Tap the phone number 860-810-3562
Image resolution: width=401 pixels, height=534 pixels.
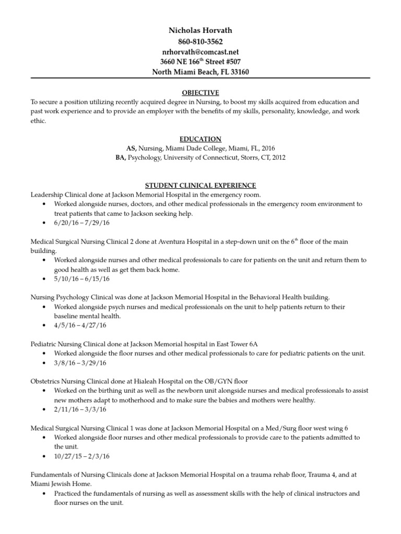coord(200,42)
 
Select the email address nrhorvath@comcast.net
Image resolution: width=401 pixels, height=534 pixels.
coord(200,52)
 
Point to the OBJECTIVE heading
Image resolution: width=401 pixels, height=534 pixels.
coord(200,93)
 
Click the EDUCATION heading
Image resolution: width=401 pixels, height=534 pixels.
coord(200,139)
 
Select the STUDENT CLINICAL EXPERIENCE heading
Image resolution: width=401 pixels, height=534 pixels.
coord(200,185)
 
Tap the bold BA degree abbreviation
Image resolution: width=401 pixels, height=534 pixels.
coord(121,157)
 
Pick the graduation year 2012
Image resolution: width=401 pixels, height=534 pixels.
coord(278,157)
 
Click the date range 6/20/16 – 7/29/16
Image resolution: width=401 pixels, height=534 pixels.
coord(82,223)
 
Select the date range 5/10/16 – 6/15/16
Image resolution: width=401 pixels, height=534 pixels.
coord(82,278)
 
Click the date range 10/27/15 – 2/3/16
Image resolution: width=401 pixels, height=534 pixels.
coord(82,456)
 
